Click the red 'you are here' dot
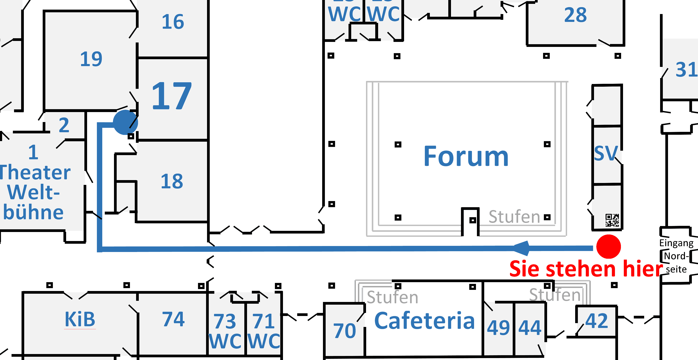(609, 246)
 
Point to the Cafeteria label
(424, 321)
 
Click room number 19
(91, 59)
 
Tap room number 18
(172, 181)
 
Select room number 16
(173, 22)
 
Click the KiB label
(80, 319)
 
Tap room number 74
(173, 319)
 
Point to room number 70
(345, 331)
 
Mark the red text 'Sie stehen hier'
(586, 269)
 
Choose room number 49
(498, 328)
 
